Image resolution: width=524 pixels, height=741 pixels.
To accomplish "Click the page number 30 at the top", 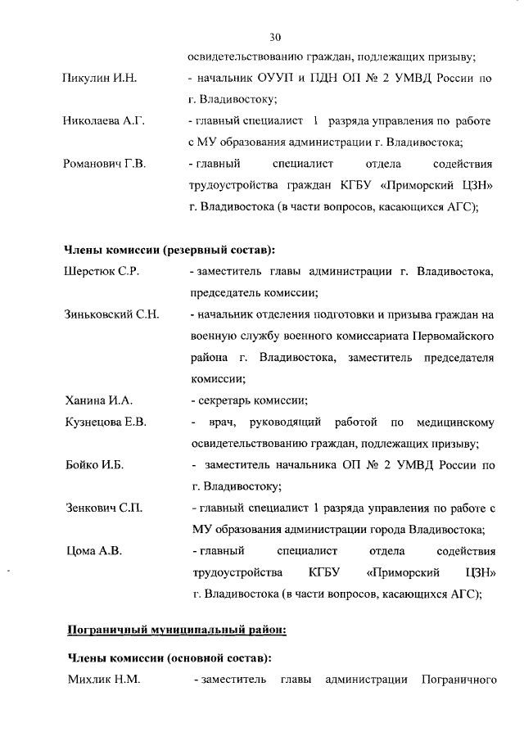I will (x=276, y=37).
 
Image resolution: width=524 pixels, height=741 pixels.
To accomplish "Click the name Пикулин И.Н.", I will (x=99, y=79).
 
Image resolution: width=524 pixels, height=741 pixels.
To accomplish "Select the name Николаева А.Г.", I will (x=104, y=121).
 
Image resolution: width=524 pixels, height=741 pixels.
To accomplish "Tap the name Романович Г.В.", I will (x=105, y=165).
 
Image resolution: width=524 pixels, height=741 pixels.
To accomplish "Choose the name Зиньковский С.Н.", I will (x=111, y=314).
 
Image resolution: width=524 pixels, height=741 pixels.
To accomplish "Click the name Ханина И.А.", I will (x=99, y=400).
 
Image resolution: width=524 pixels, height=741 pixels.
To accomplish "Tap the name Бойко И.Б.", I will (x=95, y=466).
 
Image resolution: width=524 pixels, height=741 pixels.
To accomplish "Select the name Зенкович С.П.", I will (x=104, y=508).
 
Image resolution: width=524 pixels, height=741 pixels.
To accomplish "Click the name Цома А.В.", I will (x=94, y=550).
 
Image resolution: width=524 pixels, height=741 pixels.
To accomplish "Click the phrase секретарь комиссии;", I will (x=250, y=400).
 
